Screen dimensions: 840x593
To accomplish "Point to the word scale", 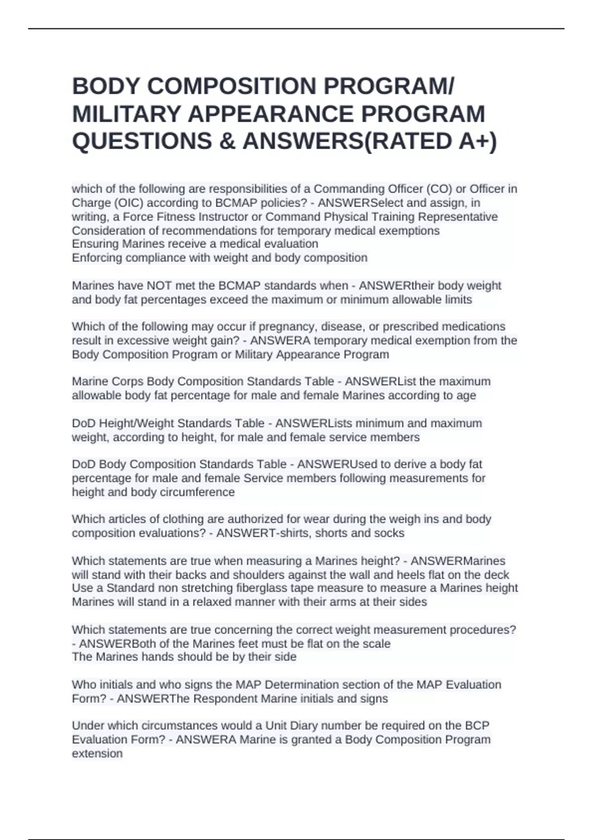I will tap(377, 643).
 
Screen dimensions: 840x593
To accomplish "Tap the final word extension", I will tap(97, 754).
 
